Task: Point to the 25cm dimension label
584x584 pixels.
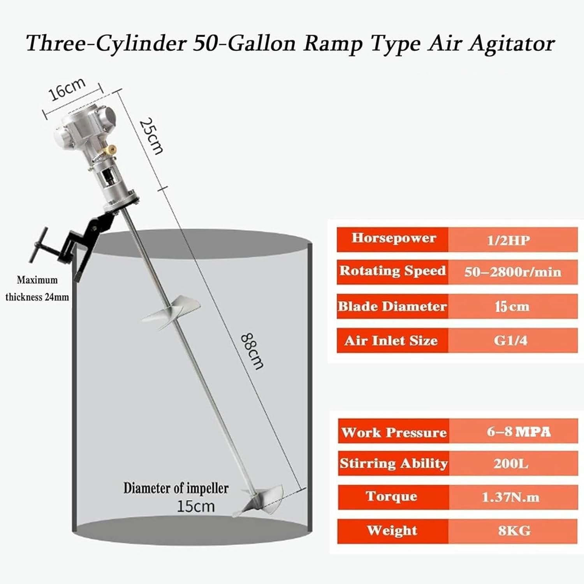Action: pyautogui.click(x=151, y=136)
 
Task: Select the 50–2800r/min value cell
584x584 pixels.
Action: pyautogui.click(x=512, y=271)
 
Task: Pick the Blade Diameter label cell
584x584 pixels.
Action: pyautogui.click(x=392, y=306)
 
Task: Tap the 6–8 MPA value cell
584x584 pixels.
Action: pyautogui.click(x=513, y=431)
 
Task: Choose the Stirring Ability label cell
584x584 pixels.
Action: pyautogui.click(x=393, y=463)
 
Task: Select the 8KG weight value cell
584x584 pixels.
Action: pyautogui.click(x=513, y=530)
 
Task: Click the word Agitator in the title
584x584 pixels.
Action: pyautogui.click(x=512, y=44)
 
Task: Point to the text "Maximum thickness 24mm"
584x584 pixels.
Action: pyautogui.click(x=37, y=288)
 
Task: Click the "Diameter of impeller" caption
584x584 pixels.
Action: pyautogui.click(x=176, y=488)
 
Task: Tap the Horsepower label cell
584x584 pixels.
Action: pyautogui.click(x=393, y=238)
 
